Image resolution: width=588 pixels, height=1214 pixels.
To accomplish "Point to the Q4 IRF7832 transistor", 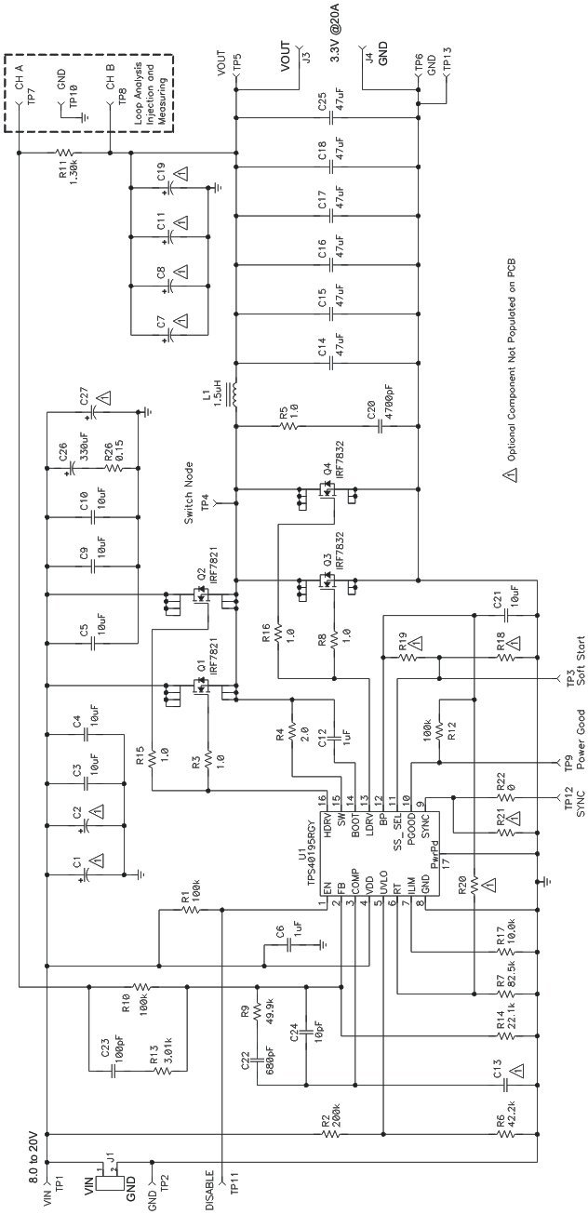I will (x=326, y=502).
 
